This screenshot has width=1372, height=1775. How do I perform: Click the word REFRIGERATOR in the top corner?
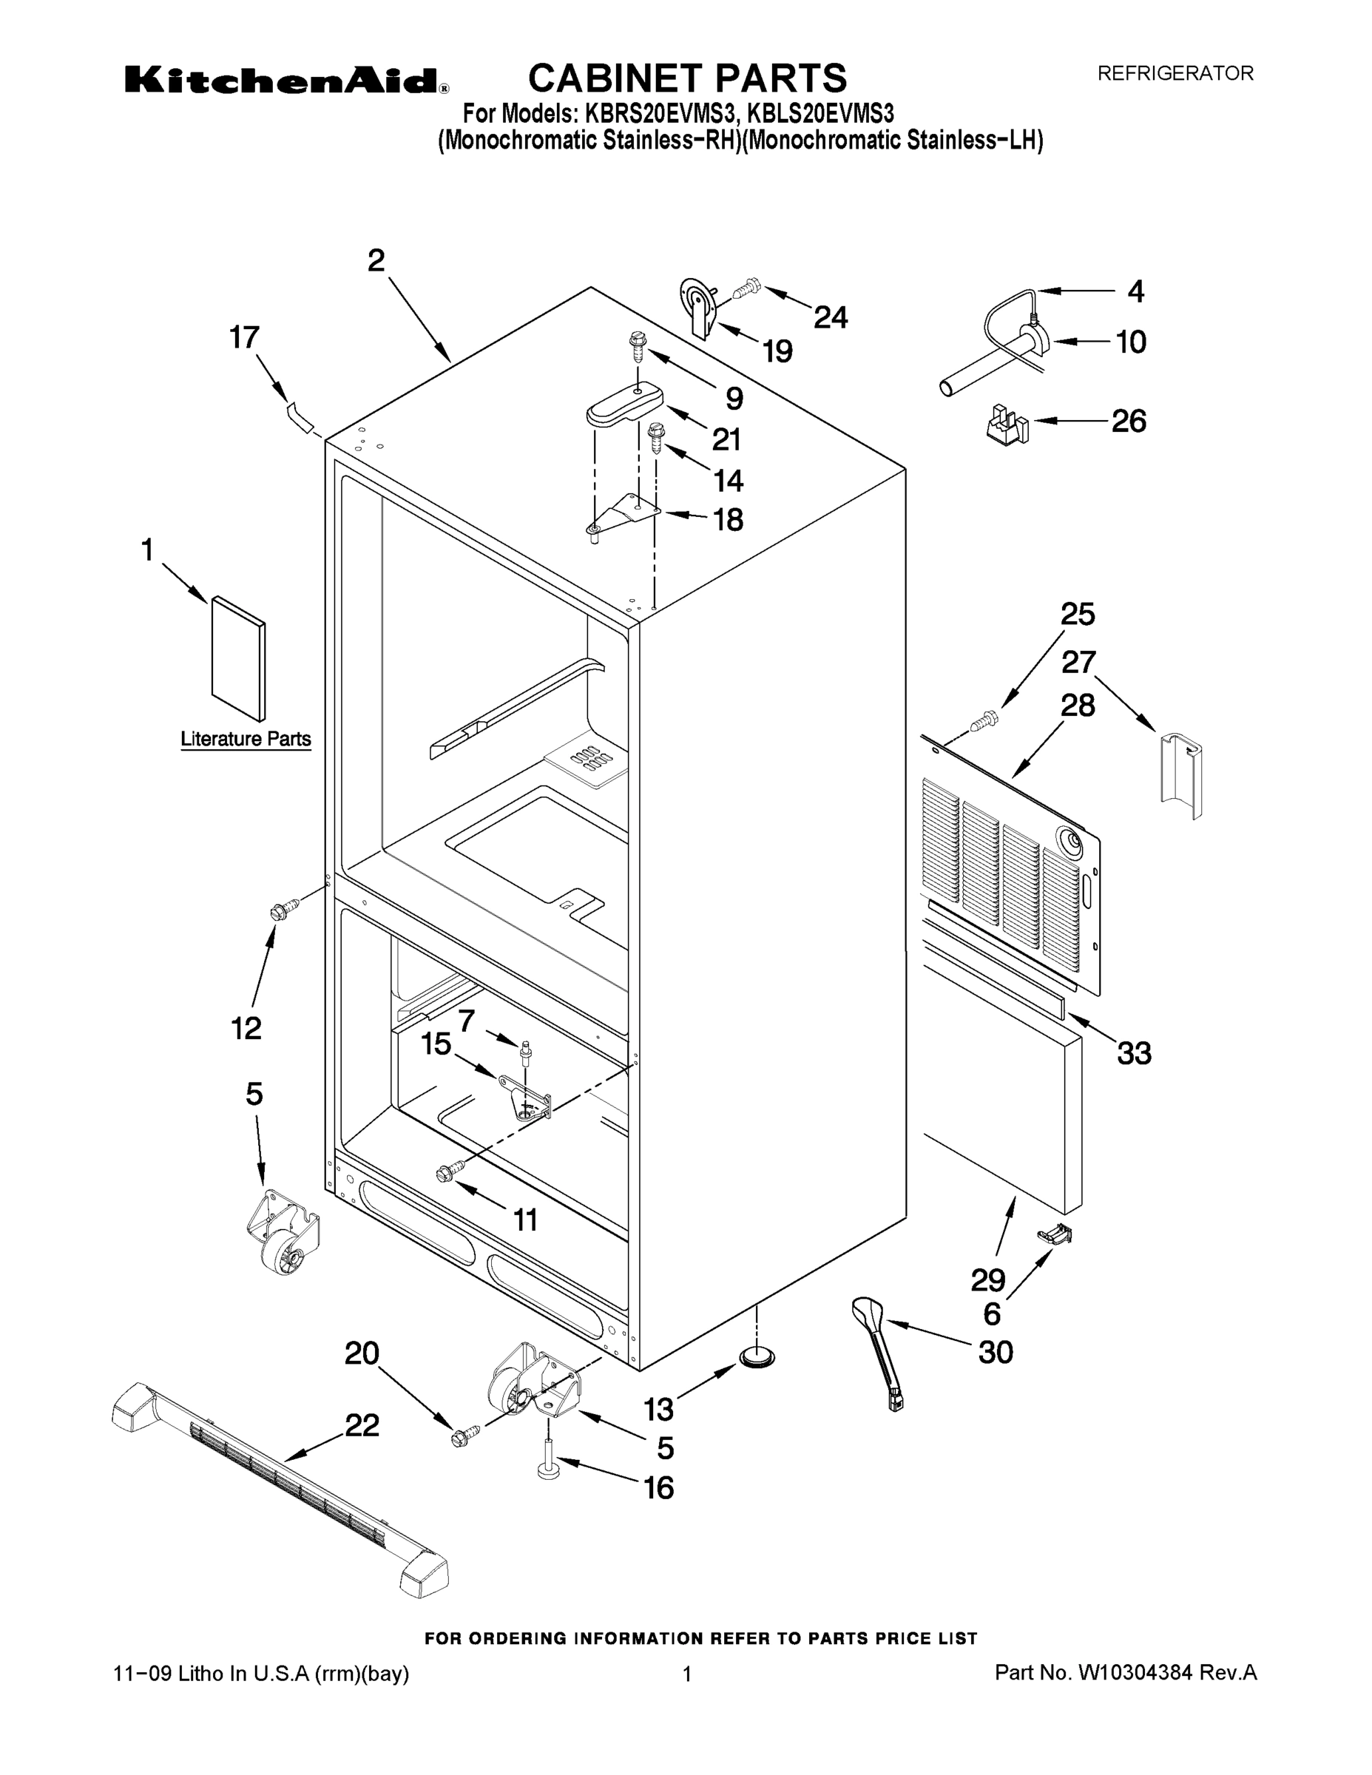click(x=1175, y=74)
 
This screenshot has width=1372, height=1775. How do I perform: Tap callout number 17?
click(x=244, y=337)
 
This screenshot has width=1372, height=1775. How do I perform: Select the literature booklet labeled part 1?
click(x=238, y=658)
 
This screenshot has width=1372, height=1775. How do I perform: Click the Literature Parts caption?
click(x=246, y=739)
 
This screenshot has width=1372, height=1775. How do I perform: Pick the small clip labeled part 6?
click(x=1055, y=1235)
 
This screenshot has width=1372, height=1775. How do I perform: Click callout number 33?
click(x=1134, y=1053)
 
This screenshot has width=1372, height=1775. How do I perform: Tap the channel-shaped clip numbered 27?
click(x=1181, y=773)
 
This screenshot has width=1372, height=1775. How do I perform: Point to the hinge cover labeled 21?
click(x=625, y=404)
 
